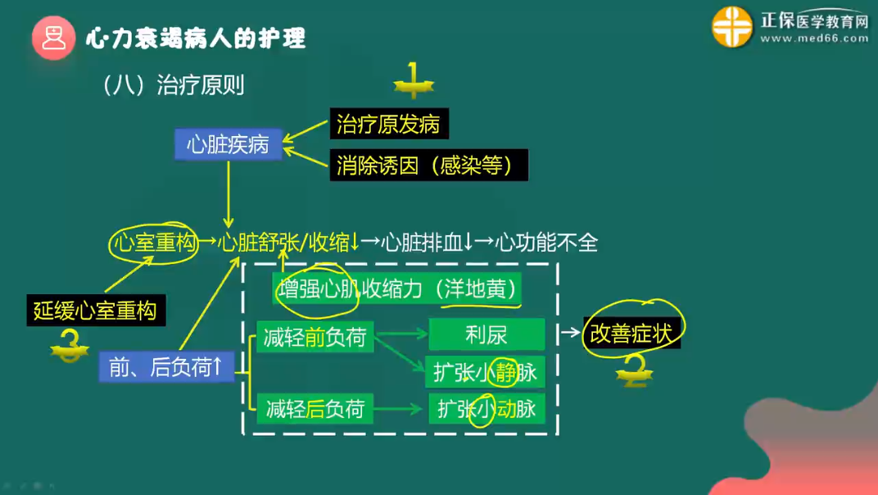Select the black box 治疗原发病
[388, 125]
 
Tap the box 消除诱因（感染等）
[428, 166]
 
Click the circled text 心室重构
[154, 243]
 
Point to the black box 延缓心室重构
[95, 311]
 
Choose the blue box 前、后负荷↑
[165, 368]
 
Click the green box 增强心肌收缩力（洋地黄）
[397, 289]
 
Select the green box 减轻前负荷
[315, 336]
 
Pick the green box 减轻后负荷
[315, 408]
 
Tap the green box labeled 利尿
[487, 334]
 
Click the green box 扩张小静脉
[487, 372]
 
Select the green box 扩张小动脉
[487, 408]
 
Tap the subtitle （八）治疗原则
[174, 85]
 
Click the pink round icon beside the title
[54, 38]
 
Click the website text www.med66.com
[814, 38]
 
